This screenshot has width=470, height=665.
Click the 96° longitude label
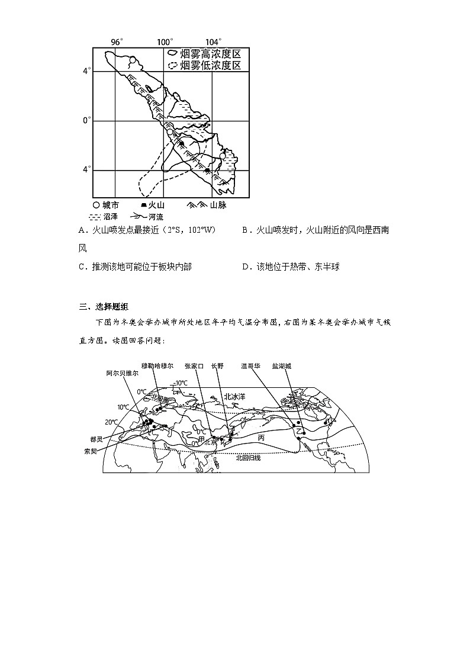117,41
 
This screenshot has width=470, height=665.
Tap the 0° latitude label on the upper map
86,120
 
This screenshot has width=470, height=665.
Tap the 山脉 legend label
217,205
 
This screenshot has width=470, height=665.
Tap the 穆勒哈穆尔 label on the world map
157,366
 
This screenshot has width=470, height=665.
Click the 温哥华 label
250,366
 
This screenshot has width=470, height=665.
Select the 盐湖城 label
282,366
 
